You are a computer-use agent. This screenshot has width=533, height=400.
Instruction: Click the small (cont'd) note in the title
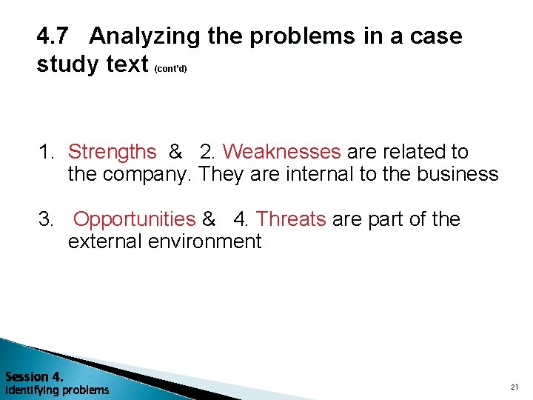pos(171,69)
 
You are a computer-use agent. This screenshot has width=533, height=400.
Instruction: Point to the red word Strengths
pos(112,152)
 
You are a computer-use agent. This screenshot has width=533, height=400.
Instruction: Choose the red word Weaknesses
pos(281,152)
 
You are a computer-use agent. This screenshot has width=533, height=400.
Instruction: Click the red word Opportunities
pos(135,219)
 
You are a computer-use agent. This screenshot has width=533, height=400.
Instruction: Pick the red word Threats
pos(290,219)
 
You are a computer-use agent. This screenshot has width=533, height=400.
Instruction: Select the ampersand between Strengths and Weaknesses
pos(175,152)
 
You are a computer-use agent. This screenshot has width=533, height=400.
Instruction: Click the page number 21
pos(514,387)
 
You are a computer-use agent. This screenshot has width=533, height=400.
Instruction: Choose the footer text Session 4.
pos(34,376)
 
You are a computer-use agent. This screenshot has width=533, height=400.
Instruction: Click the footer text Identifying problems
pos(57,390)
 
